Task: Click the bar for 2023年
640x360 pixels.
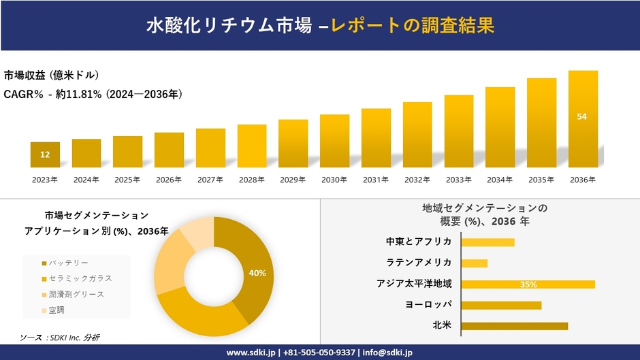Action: point(45,154)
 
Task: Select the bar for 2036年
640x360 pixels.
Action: point(583,119)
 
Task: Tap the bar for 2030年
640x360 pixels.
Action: point(334,141)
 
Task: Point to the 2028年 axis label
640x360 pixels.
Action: point(251,180)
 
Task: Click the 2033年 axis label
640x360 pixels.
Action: point(458,180)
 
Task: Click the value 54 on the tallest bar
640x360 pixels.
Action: point(582,116)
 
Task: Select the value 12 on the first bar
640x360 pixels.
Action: point(45,154)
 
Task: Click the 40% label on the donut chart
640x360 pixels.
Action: point(257,273)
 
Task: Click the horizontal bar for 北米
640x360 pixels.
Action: point(514,326)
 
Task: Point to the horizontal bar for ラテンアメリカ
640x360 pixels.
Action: point(474,263)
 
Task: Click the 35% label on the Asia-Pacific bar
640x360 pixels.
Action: point(528,284)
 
